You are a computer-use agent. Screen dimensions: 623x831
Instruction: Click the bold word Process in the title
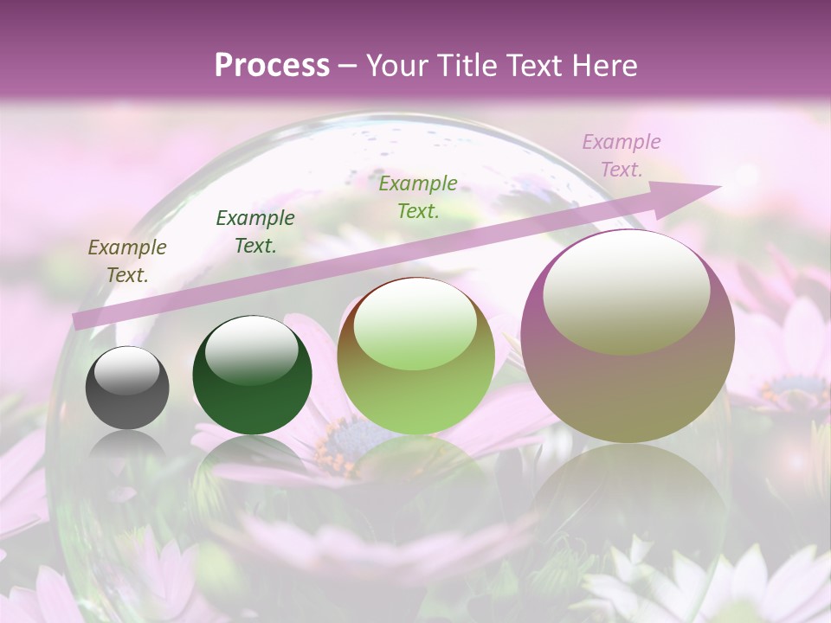(272, 66)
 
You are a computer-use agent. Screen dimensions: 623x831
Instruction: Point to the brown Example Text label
(127, 261)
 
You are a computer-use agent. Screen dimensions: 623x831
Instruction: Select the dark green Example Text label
(255, 232)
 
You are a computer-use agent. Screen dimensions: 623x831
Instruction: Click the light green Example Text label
(418, 196)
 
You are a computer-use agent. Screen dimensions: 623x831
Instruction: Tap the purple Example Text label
(621, 156)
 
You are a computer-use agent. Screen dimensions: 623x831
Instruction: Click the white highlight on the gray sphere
(127, 370)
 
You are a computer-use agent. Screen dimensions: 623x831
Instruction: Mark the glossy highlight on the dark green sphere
(251, 350)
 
